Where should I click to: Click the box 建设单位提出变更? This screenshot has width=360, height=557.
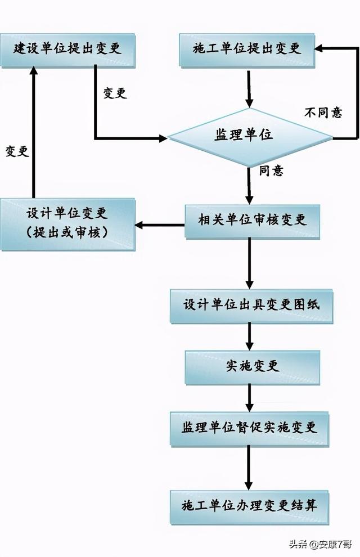67,48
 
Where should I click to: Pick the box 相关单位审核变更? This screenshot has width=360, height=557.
253,220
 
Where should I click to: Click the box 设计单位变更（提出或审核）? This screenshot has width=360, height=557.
67,223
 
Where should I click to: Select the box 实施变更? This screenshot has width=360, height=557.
253,366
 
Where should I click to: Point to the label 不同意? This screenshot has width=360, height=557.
323,113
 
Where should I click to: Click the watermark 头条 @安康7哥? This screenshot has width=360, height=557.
321,545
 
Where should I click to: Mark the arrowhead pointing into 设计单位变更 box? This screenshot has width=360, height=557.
139,226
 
